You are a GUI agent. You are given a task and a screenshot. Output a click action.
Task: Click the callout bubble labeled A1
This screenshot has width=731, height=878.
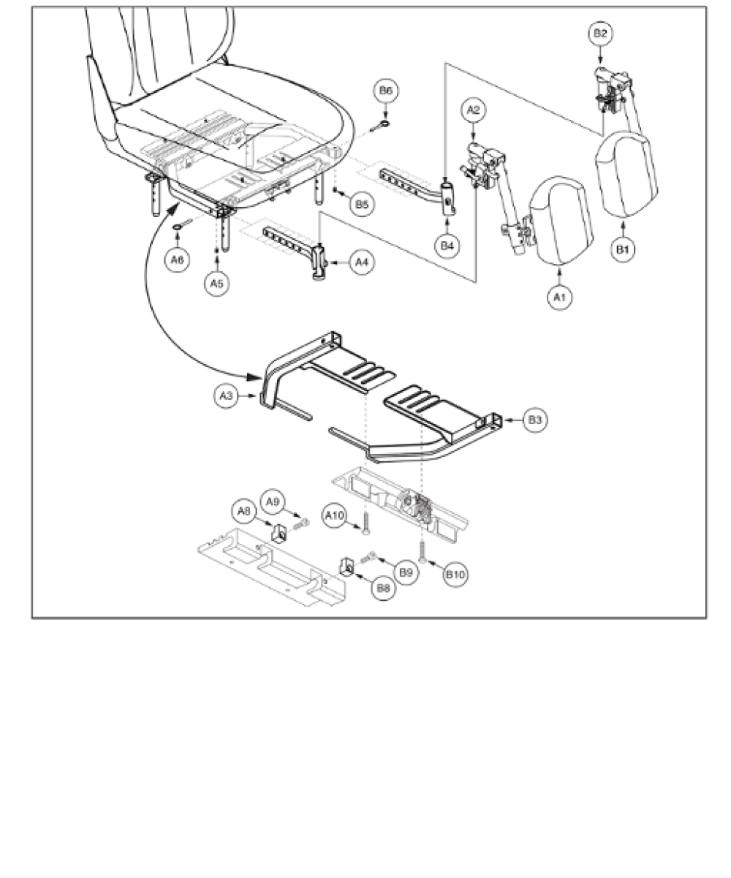(x=559, y=298)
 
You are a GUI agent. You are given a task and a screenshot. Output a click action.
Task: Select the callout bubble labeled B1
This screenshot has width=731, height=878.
(x=622, y=249)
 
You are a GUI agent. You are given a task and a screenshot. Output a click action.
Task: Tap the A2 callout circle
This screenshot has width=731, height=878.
(x=473, y=111)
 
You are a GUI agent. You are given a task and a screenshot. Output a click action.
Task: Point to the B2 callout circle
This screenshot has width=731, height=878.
(x=599, y=34)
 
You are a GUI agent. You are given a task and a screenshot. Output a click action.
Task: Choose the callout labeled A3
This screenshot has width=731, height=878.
(x=227, y=396)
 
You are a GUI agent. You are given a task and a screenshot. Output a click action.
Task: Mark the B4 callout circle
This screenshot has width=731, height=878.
(x=449, y=246)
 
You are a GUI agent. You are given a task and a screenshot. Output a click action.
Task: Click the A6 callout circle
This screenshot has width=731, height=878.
(x=178, y=258)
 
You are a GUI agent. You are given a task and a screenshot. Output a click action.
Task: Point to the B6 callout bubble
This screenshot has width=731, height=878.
(x=385, y=91)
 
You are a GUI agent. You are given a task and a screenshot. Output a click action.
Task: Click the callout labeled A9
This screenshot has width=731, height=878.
(x=273, y=501)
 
